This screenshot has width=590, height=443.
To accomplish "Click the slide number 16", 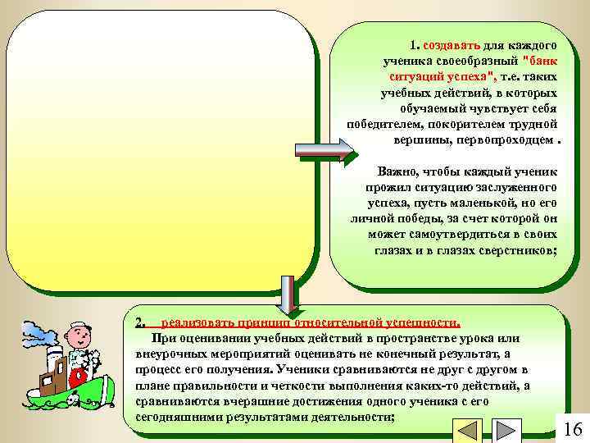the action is [573, 428].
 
